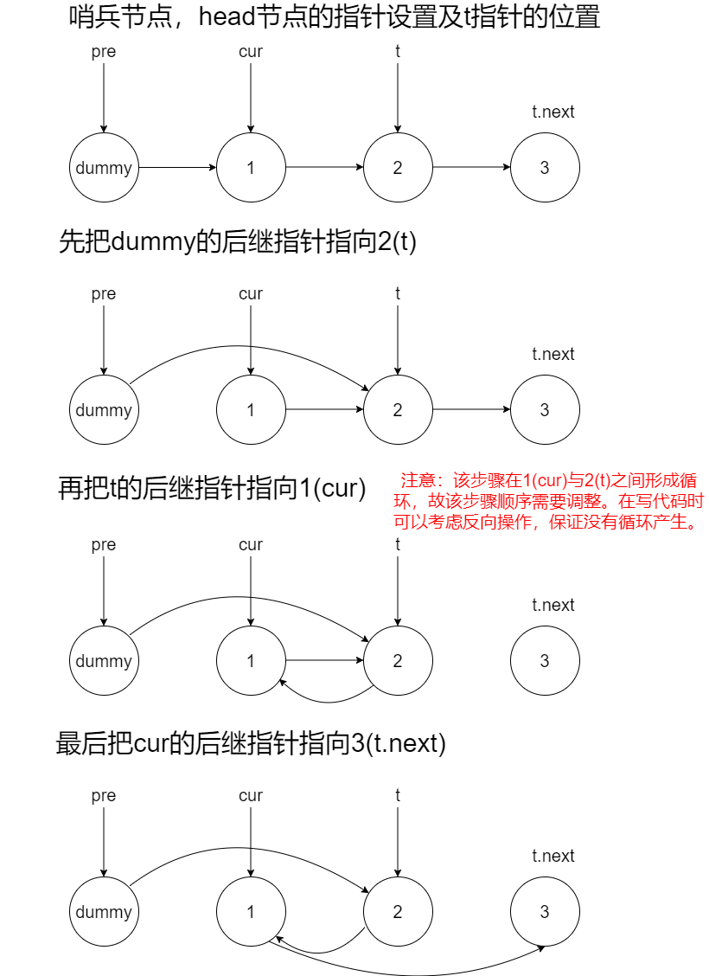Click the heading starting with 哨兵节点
[x=334, y=17]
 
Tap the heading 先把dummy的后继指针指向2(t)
[x=238, y=241]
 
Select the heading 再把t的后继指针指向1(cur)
[x=213, y=489]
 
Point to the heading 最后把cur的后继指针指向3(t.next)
[x=251, y=743]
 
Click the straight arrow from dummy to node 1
[x=177, y=168]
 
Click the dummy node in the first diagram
[x=104, y=168]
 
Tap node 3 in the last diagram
[x=545, y=912]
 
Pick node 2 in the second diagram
[x=398, y=410]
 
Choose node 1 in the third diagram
[x=251, y=661]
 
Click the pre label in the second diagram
[x=104, y=294]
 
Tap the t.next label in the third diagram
[x=553, y=605]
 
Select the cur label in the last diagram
[x=251, y=796]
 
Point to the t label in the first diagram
[x=398, y=51]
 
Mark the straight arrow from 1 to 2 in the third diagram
[x=324, y=661]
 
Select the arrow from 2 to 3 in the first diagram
[x=471, y=168]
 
